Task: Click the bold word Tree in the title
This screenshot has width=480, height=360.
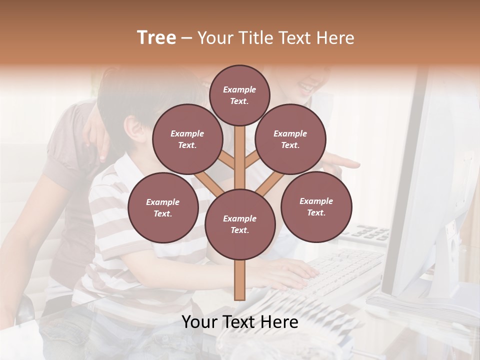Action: pyautogui.click(x=156, y=37)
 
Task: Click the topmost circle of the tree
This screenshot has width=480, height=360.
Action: pyautogui.click(x=239, y=95)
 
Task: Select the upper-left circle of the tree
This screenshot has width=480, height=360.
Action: pyautogui.click(x=187, y=139)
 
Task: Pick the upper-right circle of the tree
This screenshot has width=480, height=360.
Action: pyautogui.click(x=290, y=139)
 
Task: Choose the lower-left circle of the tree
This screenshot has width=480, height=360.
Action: pyautogui.click(x=162, y=207)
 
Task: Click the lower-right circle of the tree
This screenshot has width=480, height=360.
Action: pyautogui.click(x=316, y=206)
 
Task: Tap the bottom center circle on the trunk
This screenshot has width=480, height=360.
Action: pyautogui.click(x=239, y=224)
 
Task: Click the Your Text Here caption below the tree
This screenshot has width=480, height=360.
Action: pyautogui.click(x=239, y=322)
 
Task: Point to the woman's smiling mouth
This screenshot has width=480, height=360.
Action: pyautogui.click(x=304, y=88)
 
